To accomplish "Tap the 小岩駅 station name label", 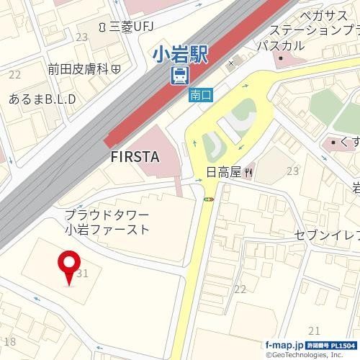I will tap(179, 54).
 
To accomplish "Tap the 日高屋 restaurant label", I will tap(222, 172).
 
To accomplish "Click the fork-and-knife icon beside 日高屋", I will tap(248, 172).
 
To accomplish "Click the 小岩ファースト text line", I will tap(107, 230).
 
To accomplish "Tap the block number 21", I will tap(313, 330).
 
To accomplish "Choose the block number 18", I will tap(9, 341).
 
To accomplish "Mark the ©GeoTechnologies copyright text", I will tap(312, 355).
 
